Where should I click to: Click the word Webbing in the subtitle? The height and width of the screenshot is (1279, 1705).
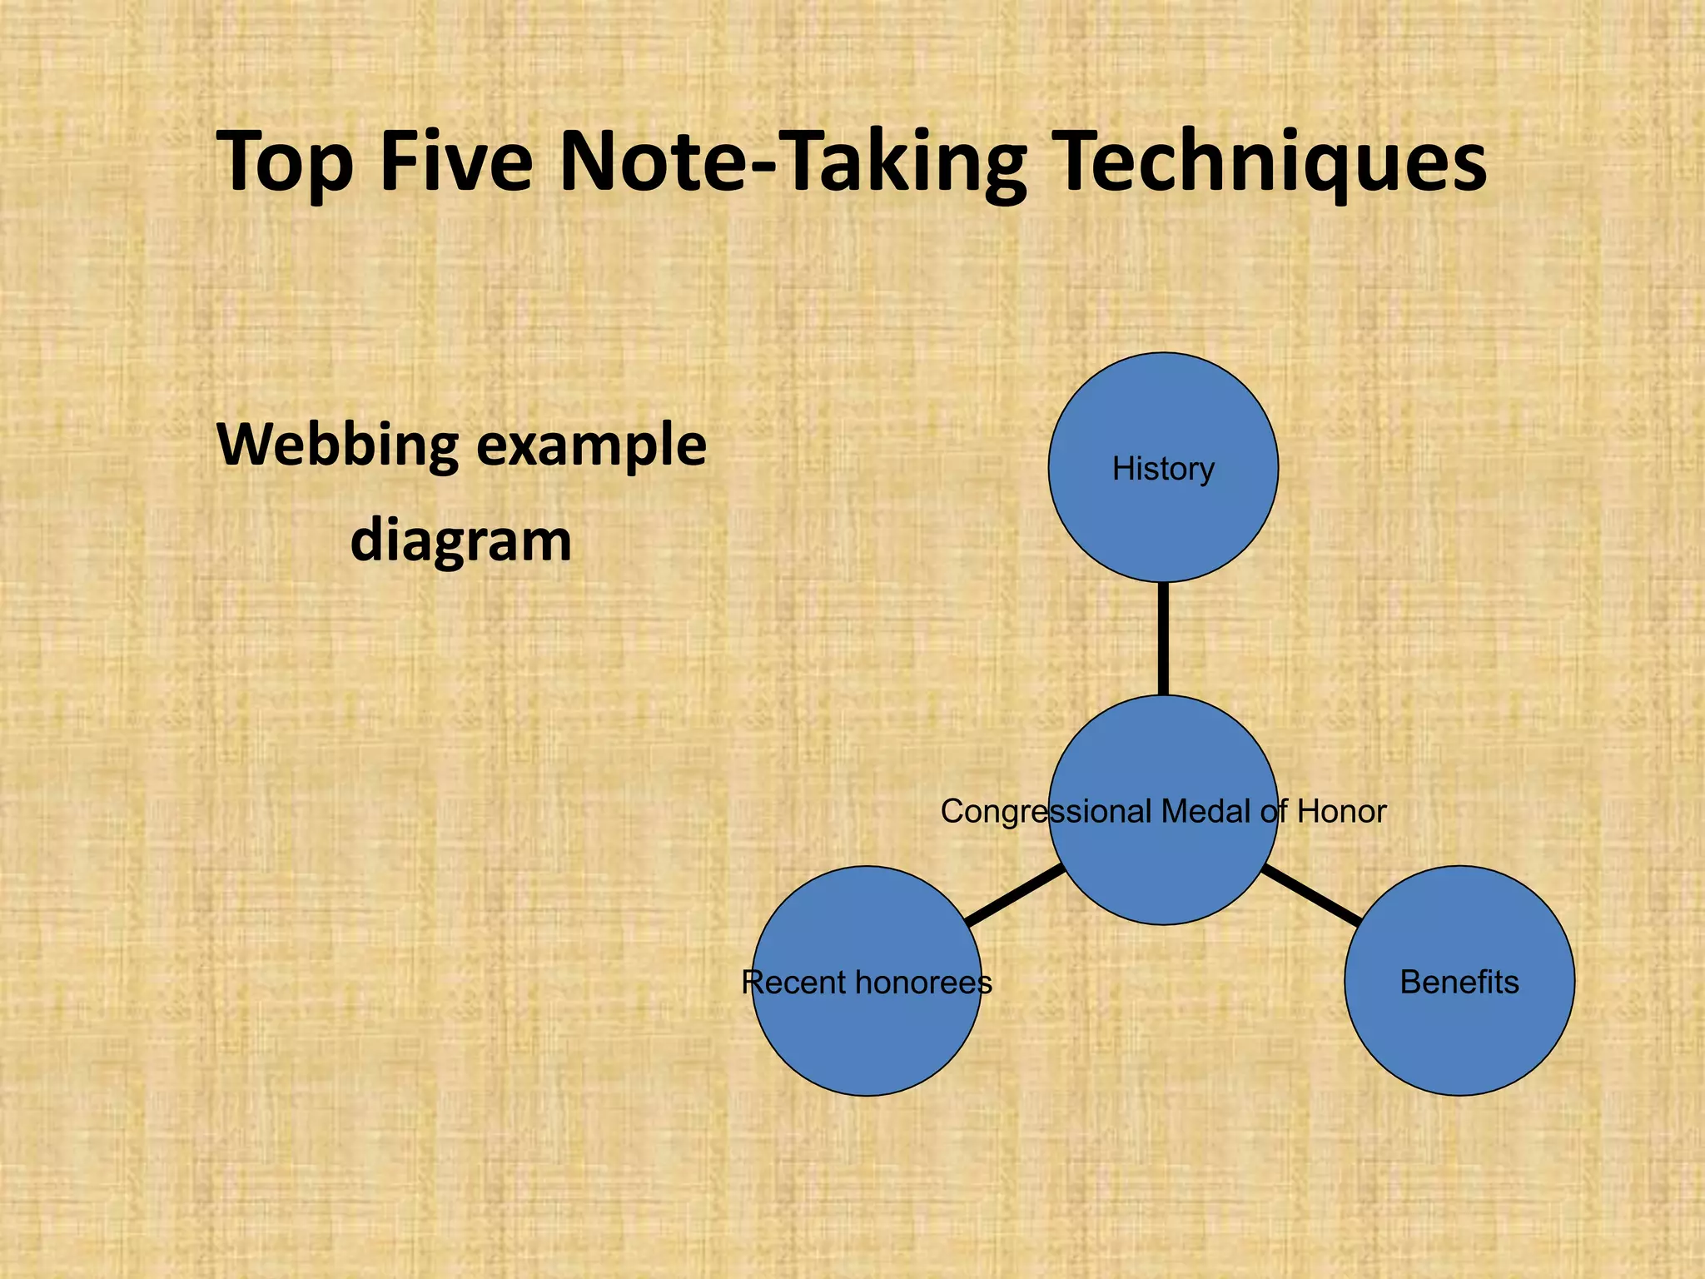coord(337,446)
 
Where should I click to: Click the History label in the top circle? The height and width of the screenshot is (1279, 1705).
coord(1163,470)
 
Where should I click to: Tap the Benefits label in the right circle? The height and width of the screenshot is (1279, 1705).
coord(1459,983)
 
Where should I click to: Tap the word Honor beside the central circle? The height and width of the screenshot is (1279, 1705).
coord(1341,811)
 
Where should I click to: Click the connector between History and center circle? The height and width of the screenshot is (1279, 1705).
coord(1163,638)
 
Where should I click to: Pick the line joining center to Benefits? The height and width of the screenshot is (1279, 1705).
coord(1311,895)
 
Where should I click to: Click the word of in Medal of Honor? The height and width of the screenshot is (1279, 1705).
coord(1274,811)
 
